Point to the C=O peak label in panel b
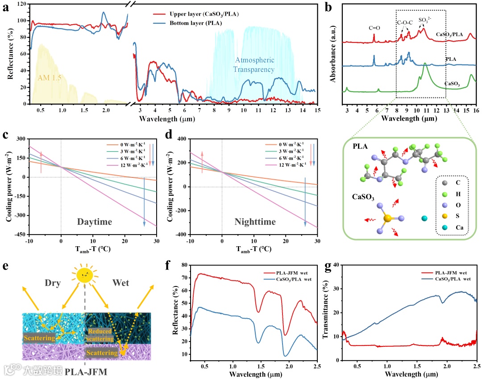point(374,28)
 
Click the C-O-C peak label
point(404,22)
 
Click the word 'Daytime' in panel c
point(95,222)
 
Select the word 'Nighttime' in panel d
point(255,222)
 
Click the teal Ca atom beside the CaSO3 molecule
point(424,219)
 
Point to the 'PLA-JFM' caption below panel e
point(86,371)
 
